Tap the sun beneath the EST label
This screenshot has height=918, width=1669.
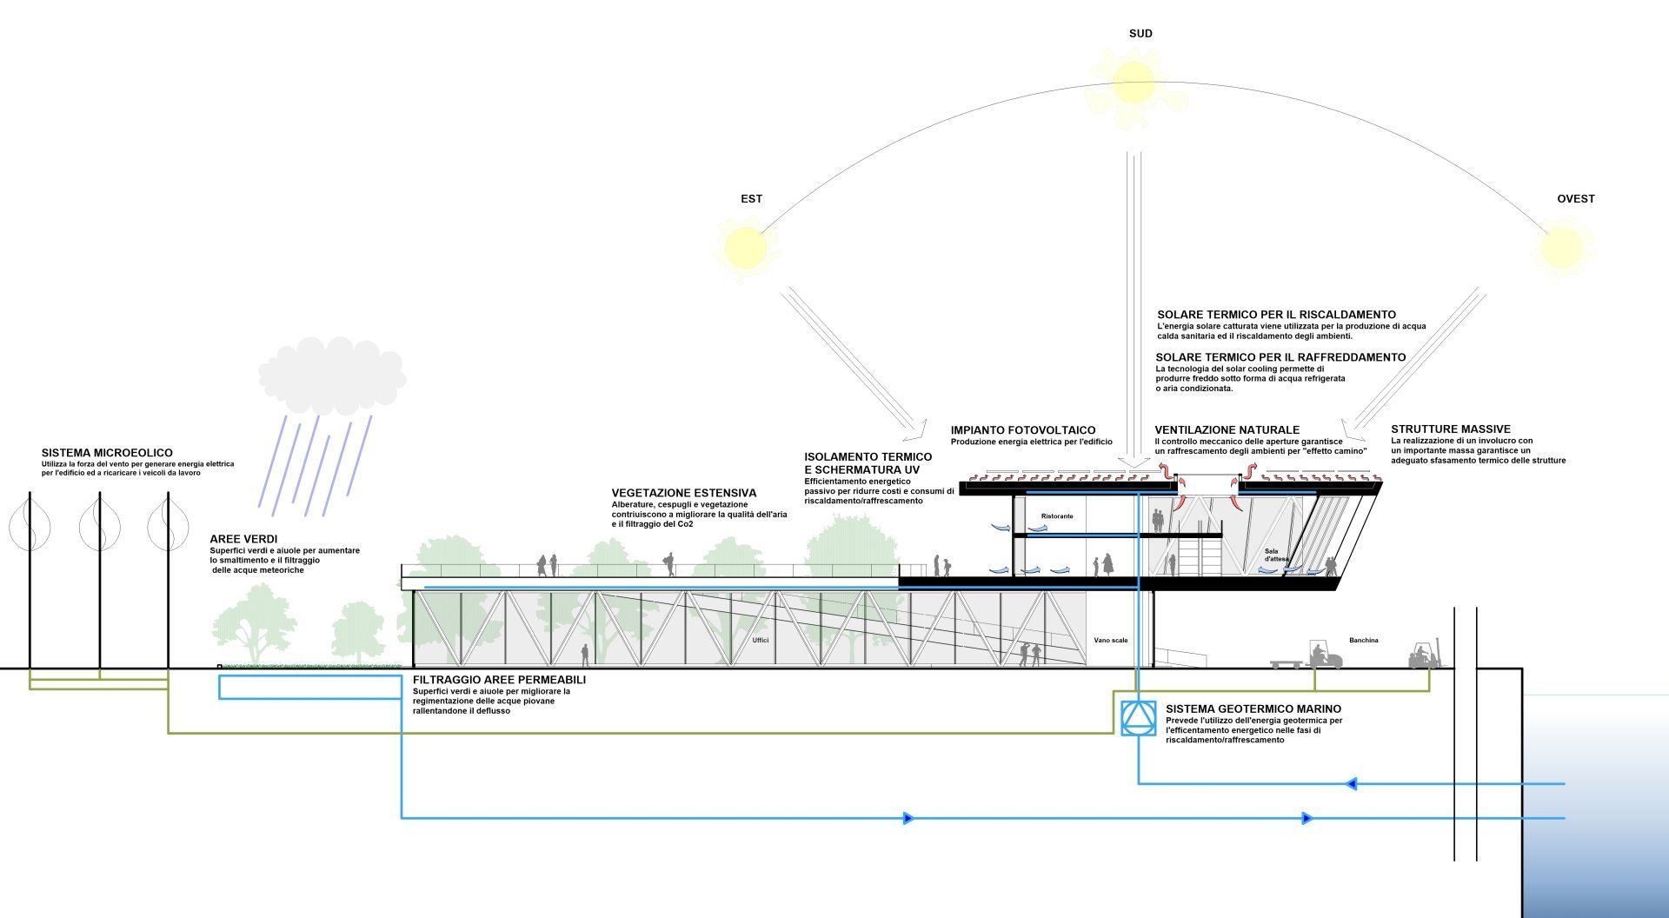click(745, 247)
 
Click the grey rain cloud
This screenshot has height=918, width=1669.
click(332, 380)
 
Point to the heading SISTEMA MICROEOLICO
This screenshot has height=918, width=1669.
click(107, 453)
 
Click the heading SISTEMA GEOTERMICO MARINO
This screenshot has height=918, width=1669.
click(1253, 709)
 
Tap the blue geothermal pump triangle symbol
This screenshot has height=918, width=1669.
click(1137, 717)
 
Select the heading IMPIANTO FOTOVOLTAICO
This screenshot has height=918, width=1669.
click(1023, 430)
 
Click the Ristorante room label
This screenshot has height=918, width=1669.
click(1057, 516)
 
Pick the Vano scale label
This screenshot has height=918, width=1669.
click(1111, 641)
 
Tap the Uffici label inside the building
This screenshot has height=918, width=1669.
click(761, 641)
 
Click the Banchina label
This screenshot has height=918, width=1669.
click(1364, 641)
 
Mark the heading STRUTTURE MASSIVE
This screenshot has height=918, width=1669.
click(1451, 429)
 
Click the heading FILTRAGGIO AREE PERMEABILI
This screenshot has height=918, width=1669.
click(499, 680)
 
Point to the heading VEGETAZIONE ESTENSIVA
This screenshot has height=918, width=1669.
click(684, 494)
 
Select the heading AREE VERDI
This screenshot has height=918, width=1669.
click(243, 540)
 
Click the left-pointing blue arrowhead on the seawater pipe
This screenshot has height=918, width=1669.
click(1351, 784)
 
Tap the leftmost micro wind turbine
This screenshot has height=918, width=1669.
click(30, 525)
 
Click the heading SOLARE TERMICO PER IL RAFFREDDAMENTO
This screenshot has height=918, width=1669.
click(1280, 357)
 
